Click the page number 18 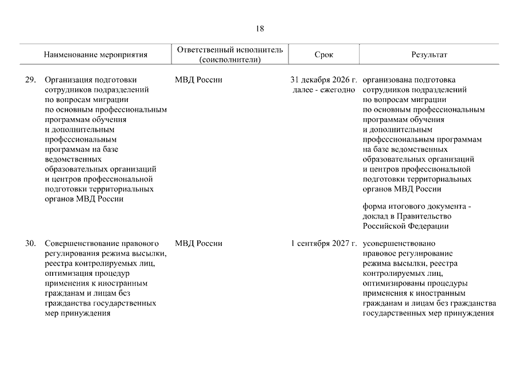(260, 28)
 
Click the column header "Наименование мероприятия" (95, 55)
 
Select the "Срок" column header (323, 55)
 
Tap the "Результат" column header (429, 55)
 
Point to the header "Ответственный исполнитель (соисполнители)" (230, 55)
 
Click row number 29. (31, 80)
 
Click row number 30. (31, 243)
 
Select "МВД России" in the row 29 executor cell (198, 80)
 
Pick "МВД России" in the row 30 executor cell (198, 243)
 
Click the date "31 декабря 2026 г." (323, 80)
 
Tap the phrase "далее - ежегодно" (323, 90)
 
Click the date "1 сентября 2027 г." (323, 243)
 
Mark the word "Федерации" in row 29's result (431, 226)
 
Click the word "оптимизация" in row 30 (65, 274)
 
